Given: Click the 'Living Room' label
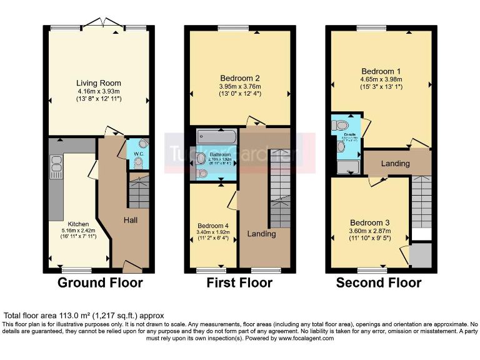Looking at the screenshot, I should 98,83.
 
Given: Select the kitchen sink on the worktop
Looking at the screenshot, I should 54,164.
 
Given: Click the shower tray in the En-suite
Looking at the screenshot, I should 347,166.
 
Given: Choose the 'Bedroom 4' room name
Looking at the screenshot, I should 213,226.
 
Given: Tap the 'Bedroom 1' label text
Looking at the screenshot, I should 381,71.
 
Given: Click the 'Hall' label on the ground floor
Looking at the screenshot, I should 131,220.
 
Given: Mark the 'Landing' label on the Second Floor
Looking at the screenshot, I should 395,164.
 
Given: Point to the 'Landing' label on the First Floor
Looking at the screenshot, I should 262,234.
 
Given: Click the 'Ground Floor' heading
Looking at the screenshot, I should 100,282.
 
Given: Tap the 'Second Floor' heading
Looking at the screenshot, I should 379,282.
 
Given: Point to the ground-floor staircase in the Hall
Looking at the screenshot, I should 138,191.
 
